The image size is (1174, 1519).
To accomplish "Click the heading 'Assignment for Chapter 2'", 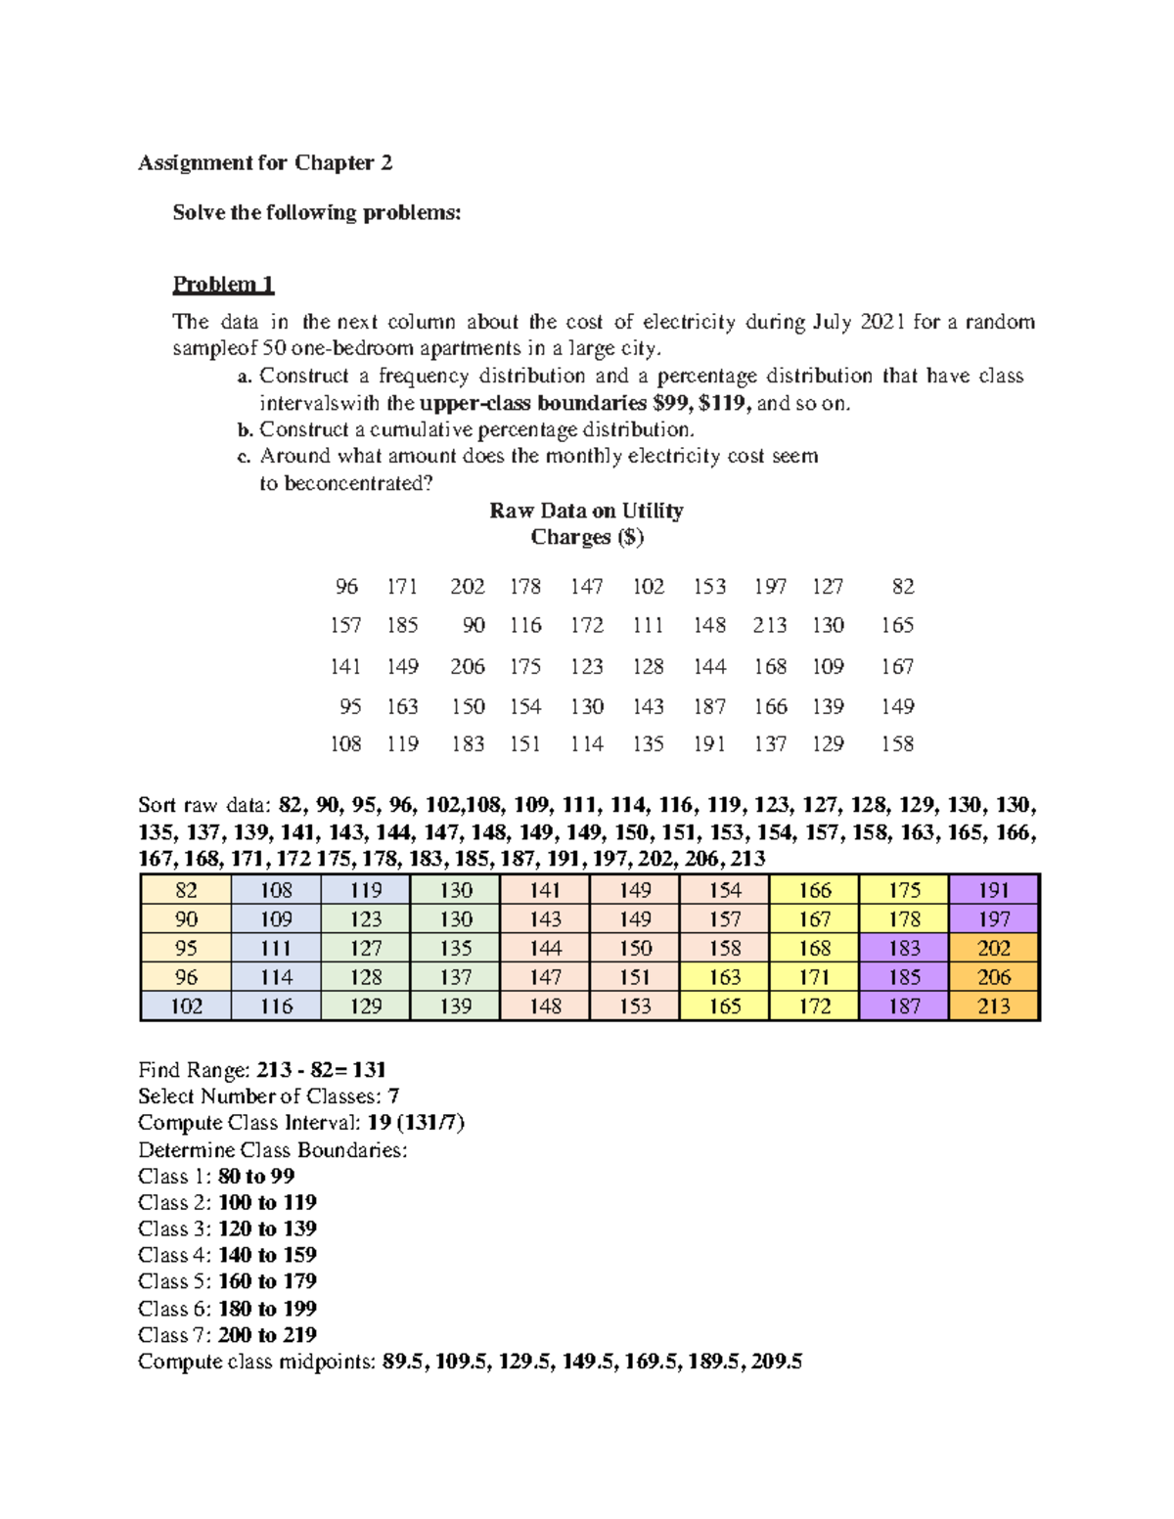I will [x=265, y=163].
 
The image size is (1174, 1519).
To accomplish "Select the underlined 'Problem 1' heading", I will [x=223, y=285].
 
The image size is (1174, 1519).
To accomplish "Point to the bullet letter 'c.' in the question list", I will [x=244, y=457].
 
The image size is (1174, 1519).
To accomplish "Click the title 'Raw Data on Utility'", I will [x=586, y=511].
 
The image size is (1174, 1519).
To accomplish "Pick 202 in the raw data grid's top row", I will [x=467, y=587].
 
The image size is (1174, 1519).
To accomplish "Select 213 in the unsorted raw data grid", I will [x=769, y=625].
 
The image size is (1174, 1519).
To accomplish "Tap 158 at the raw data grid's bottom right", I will [x=896, y=744].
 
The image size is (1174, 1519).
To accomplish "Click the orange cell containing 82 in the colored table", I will [x=186, y=890].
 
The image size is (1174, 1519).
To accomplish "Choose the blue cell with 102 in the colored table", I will [x=186, y=1006].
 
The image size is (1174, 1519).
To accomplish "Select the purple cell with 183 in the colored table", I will [x=904, y=949].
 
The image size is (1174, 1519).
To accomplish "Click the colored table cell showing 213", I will [x=993, y=1006].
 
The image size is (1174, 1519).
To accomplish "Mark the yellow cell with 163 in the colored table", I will [x=724, y=977].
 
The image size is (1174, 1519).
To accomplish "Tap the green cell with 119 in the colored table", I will [x=366, y=890].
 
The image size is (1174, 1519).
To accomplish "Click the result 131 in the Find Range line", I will [x=369, y=1070].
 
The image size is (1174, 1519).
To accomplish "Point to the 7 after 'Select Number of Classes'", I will [x=393, y=1096].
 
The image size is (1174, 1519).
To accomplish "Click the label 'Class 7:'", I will [x=174, y=1335].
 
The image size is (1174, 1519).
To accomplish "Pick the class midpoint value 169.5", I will [x=650, y=1362].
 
